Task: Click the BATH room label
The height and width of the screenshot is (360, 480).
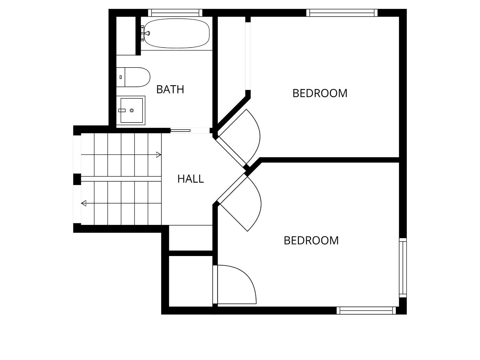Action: tap(170, 89)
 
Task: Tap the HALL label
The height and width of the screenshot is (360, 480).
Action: tap(190, 179)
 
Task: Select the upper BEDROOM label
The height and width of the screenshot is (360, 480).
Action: tap(320, 93)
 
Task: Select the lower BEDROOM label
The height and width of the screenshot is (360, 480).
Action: tap(311, 240)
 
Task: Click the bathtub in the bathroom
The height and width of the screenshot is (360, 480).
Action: tap(177, 33)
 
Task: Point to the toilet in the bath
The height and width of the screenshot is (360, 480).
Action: tap(133, 77)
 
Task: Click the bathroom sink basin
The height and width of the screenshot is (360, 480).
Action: tap(132, 110)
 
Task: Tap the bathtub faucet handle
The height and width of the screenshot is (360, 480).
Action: tap(148, 33)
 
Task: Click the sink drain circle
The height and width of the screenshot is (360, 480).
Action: tap(132, 110)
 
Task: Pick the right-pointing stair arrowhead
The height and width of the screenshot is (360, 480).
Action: tap(159, 155)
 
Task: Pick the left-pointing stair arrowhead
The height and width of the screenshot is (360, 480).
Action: tap(84, 203)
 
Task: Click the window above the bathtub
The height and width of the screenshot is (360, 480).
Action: tap(175, 13)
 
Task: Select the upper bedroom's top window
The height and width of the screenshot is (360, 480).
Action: tap(342, 13)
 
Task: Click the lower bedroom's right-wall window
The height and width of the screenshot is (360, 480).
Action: tap(403, 268)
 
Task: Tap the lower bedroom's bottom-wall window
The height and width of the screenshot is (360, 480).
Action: tap(366, 310)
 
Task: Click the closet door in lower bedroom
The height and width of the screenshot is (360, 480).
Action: tap(235, 284)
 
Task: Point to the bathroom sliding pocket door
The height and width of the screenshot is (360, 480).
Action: tap(180, 131)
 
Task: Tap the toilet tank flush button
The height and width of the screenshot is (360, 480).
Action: tap(121, 77)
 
